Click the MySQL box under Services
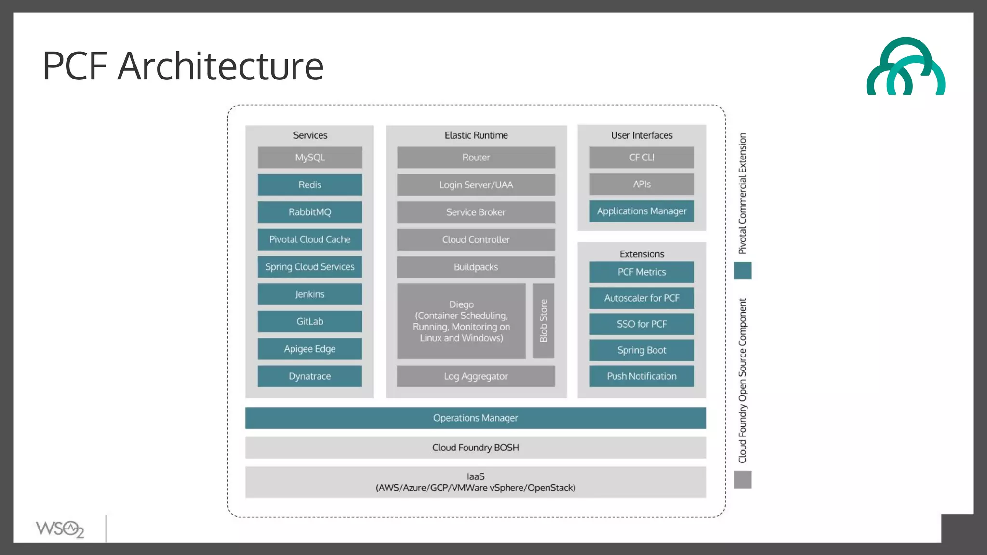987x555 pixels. [x=310, y=158]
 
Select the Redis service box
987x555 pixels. [x=310, y=185]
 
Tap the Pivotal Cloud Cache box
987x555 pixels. [x=310, y=239]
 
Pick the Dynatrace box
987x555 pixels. [x=310, y=376]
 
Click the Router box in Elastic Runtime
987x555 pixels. [x=476, y=158]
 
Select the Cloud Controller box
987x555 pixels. [x=476, y=239]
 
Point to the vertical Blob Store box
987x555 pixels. [x=543, y=321]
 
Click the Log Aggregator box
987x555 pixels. [x=476, y=376]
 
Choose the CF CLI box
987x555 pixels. [x=641, y=158]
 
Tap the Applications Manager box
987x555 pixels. [x=641, y=211]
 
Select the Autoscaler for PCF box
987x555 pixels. [x=641, y=298]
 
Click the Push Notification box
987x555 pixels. [x=641, y=376]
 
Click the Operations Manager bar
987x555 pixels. [x=475, y=418]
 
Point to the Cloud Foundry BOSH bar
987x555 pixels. [x=475, y=448]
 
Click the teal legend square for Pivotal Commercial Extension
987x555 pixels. [x=743, y=271]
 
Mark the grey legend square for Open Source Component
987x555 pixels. [x=743, y=480]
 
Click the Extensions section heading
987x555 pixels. [x=641, y=254]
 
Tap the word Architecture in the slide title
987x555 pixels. [x=220, y=66]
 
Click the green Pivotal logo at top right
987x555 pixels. [x=906, y=67]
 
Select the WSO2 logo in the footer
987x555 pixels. [x=60, y=529]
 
